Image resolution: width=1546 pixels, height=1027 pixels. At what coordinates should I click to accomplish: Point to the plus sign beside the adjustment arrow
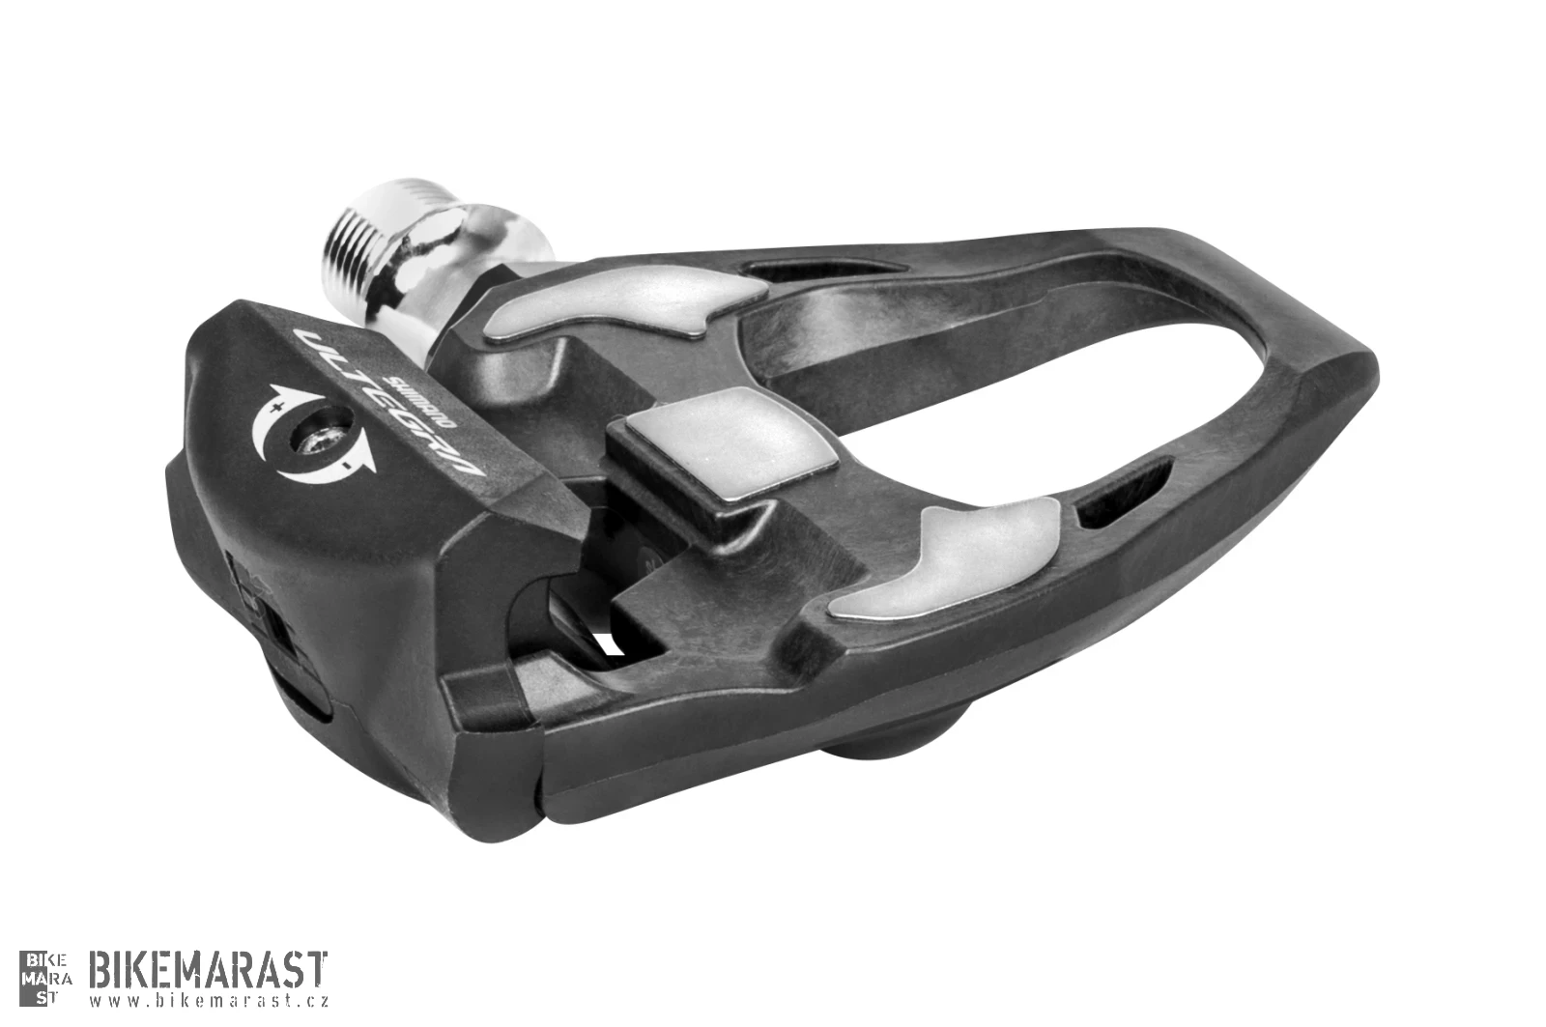click(x=278, y=407)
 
